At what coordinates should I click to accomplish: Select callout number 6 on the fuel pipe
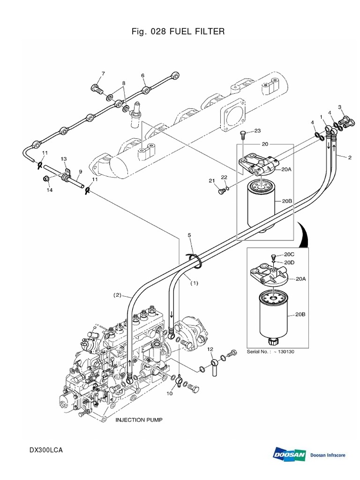(142, 75)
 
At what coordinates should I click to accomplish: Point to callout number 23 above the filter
(257, 131)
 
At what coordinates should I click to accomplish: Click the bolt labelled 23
(243, 136)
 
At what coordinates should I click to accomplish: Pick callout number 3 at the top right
(340, 107)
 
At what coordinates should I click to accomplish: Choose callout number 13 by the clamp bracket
(63, 159)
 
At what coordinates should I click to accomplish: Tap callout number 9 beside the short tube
(80, 172)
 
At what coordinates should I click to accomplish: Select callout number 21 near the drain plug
(211, 180)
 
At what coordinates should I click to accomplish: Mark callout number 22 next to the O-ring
(224, 177)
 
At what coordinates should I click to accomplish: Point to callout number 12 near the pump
(210, 349)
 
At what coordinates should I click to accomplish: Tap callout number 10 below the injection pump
(169, 393)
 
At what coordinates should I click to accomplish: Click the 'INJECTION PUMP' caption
(139, 420)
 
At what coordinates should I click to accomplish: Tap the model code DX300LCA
(45, 450)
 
